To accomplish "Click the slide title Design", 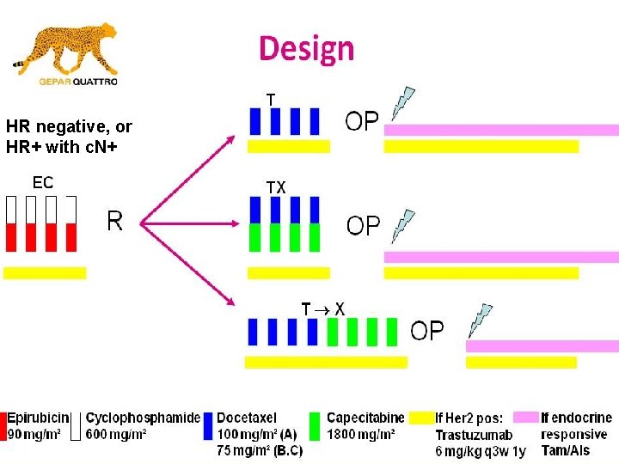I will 307,48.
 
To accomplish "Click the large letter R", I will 115,222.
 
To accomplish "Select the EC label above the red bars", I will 43,183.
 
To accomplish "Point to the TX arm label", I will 276,186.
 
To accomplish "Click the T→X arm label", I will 323,308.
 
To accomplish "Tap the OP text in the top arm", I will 362,120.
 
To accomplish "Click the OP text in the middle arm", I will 364,225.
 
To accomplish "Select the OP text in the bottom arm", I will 427,330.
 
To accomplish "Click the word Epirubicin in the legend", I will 38,418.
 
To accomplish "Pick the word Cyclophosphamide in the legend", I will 143,418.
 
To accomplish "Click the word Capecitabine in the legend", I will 365,418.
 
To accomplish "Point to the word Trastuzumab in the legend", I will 474,435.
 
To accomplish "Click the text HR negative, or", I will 69,127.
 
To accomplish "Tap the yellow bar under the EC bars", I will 45,272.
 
